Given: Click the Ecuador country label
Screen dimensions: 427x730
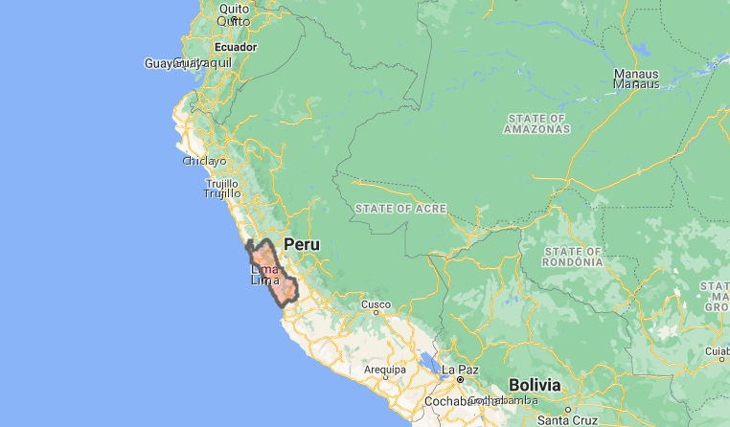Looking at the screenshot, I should click(236, 46).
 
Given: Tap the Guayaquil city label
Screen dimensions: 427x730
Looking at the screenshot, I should click(188, 63).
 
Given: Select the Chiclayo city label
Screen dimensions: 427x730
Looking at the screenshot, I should click(204, 161).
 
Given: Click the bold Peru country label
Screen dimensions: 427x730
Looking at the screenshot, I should click(301, 245).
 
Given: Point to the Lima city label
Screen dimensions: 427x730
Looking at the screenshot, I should click(264, 275).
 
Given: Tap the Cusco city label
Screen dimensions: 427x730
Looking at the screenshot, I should click(376, 305).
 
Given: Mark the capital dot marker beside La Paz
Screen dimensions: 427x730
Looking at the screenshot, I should click(460, 379).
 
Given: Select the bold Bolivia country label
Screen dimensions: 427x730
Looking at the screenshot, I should click(534, 384).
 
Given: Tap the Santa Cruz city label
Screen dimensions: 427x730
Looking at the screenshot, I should click(567, 419).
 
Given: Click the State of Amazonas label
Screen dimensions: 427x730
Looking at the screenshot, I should click(536, 123).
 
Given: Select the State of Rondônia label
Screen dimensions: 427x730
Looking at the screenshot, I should click(572, 256).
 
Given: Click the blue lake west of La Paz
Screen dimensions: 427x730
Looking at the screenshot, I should click(425, 363).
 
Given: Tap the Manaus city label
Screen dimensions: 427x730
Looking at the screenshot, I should click(636, 79).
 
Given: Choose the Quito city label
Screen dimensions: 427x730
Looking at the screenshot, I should click(234, 14).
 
